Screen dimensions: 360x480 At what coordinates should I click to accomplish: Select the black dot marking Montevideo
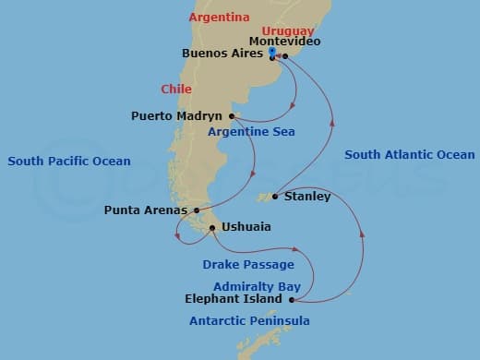pos(285,56)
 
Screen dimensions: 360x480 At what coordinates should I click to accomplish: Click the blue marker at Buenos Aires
pos(271,53)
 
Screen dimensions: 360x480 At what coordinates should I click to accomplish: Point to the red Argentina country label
pos(219,18)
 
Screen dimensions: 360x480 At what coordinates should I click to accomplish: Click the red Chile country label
pos(175,90)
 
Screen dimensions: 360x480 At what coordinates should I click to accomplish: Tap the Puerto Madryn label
pos(177,117)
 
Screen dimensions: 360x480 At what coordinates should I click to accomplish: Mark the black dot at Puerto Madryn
pos(232,116)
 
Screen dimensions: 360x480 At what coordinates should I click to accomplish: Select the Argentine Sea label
pos(251,133)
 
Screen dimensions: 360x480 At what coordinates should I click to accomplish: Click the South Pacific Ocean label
pos(69,162)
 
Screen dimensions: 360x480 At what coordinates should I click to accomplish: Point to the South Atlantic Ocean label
pos(409,155)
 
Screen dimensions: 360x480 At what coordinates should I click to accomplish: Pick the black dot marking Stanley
pos(275,197)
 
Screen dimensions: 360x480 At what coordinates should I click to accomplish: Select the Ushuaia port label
pos(246,227)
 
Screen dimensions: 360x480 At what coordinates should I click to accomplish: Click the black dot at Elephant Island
pos(292,300)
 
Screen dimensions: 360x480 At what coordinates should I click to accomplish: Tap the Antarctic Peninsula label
pos(249,321)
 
